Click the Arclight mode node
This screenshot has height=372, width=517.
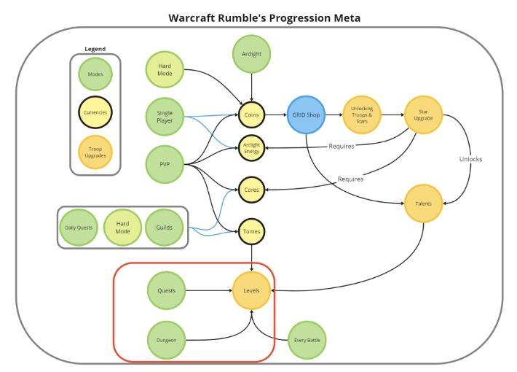[251, 54]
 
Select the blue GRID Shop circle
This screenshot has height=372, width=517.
[306, 115]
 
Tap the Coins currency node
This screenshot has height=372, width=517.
[251, 115]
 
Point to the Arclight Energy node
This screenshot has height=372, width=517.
[251, 148]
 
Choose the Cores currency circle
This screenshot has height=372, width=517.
[251, 190]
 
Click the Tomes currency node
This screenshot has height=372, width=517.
[251, 232]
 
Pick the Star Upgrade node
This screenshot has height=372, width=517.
[423, 115]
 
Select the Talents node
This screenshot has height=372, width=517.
[423, 204]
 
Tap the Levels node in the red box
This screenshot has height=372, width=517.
[251, 291]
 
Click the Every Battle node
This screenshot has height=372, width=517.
[307, 340]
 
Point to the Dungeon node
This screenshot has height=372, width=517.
[166, 340]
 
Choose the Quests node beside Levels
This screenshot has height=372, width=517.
[166, 291]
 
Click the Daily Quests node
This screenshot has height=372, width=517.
[79, 228]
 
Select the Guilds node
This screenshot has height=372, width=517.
[164, 228]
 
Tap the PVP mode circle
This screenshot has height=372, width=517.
[165, 164]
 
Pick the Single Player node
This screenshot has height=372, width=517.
[165, 117]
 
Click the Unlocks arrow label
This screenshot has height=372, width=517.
[470, 159]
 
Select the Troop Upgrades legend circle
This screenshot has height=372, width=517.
[95, 152]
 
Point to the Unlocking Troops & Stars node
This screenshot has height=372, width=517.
[362, 115]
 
